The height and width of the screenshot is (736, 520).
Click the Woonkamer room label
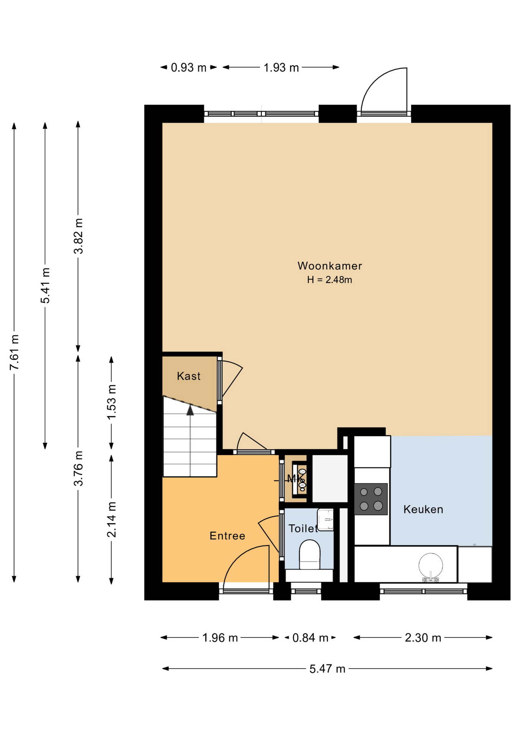[x=330, y=266]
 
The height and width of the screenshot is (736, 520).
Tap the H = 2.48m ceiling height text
[x=330, y=280]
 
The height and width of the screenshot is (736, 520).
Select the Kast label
[x=189, y=376]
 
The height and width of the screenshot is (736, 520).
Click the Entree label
[x=227, y=536]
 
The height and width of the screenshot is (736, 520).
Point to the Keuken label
[x=424, y=509]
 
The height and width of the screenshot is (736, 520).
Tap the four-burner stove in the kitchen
[x=371, y=499]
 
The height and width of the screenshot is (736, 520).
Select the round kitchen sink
[x=431, y=565]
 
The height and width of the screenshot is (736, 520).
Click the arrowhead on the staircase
[x=190, y=410]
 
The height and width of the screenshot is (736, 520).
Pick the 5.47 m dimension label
[x=327, y=669]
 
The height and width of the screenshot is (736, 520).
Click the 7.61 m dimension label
[x=14, y=352]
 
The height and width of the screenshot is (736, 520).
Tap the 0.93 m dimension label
[x=188, y=67]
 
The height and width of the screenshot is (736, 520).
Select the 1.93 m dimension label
[x=281, y=67]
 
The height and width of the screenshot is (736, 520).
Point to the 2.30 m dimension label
[x=423, y=638]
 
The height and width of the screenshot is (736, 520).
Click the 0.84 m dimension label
[x=310, y=638]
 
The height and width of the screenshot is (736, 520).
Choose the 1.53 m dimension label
[x=111, y=402]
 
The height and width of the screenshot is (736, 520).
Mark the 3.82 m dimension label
[x=78, y=236]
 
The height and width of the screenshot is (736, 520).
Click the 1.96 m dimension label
[x=220, y=638]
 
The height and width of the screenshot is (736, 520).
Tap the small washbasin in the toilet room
[x=325, y=520]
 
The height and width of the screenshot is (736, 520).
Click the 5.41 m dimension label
[x=45, y=286]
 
